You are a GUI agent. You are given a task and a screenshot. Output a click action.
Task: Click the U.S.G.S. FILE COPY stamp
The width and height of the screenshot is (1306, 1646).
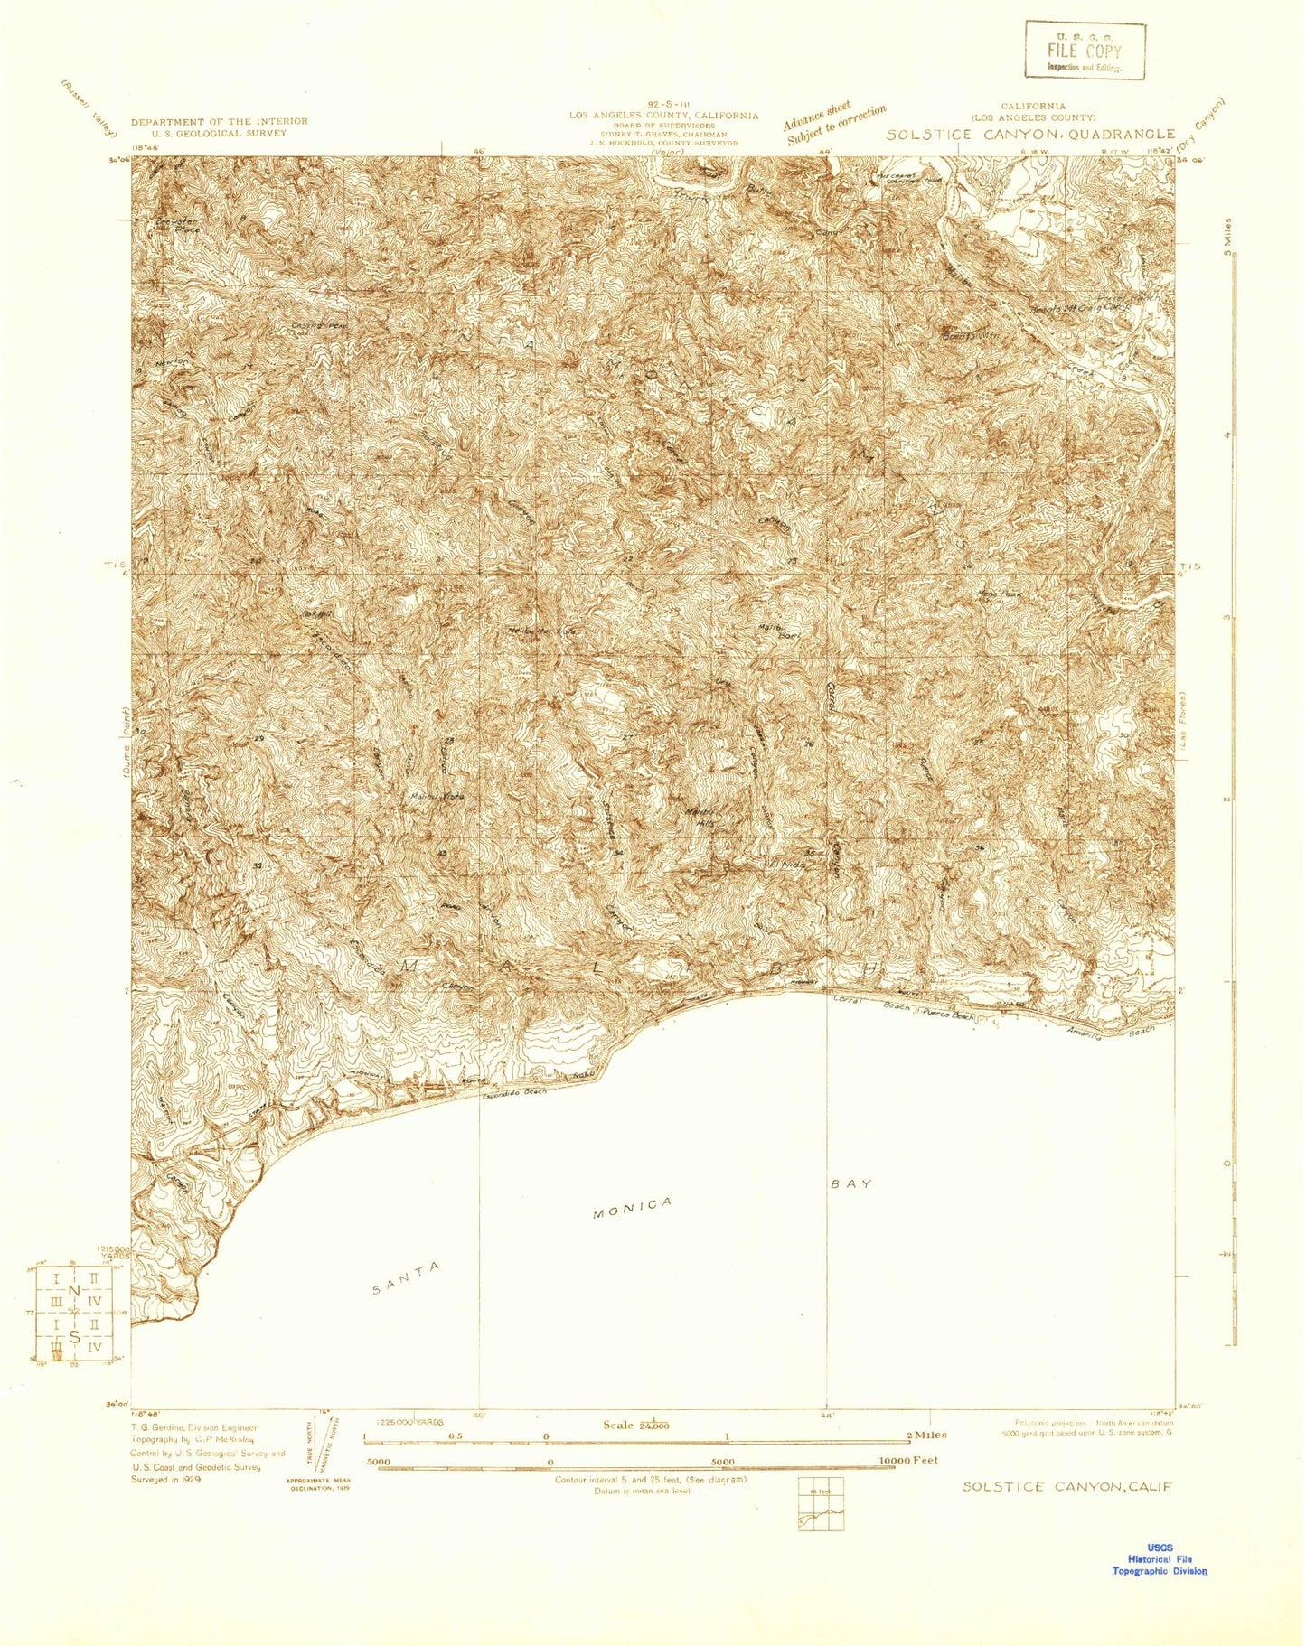click(x=1084, y=51)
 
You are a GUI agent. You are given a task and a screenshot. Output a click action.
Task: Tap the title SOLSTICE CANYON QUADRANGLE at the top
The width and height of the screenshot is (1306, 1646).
click(x=1029, y=135)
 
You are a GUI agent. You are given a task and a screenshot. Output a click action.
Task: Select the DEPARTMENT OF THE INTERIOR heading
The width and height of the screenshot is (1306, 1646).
click(x=219, y=121)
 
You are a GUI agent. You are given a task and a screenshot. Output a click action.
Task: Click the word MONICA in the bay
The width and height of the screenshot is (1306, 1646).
click(x=633, y=1208)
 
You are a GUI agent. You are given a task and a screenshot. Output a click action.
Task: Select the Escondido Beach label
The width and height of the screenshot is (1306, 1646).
click(x=514, y=1093)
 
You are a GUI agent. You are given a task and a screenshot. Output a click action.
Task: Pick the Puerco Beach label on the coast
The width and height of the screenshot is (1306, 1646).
click(x=948, y=1015)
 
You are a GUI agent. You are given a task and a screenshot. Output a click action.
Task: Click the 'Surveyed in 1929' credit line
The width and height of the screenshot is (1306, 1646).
click(x=166, y=1480)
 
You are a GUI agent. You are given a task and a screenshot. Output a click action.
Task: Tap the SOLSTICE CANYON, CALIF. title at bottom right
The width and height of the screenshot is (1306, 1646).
click(x=1066, y=1487)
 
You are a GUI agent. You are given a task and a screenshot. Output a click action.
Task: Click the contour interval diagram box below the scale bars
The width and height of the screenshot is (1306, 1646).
click(x=821, y=1504)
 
